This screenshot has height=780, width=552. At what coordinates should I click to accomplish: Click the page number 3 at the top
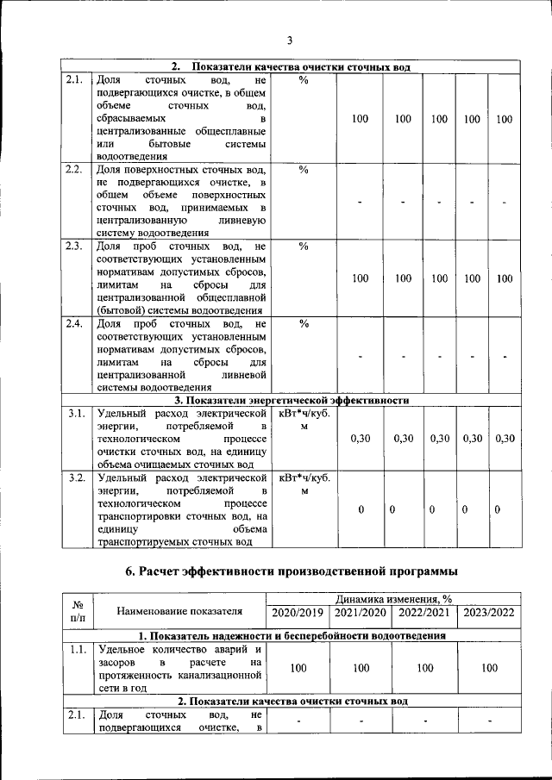pyautogui.click(x=290, y=41)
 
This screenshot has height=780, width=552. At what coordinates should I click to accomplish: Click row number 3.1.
pyautogui.click(x=76, y=414)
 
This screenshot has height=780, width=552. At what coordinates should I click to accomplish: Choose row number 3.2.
pyautogui.click(x=76, y=477)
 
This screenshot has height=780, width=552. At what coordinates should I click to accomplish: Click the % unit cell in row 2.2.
pyautogui.click(x=303, y=169)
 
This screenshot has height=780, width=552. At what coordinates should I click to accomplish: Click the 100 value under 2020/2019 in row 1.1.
pyautogui.click(x=298, y=668)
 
